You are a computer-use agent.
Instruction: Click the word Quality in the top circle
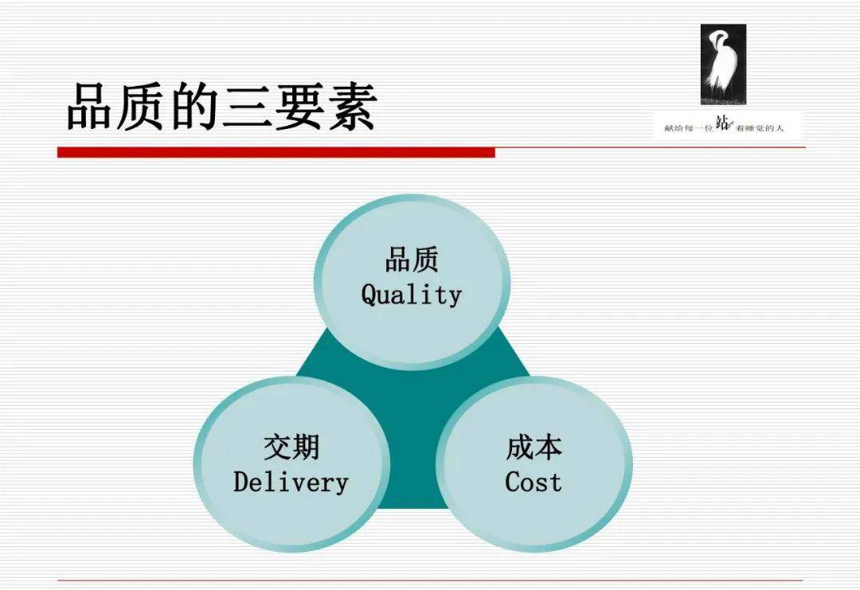[412, 295]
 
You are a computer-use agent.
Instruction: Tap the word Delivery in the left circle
[291, 483]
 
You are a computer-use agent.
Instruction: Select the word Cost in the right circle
[533, 482]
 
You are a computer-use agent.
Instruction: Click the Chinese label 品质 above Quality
[412, 260]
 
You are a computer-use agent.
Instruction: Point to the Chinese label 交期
[291, 447]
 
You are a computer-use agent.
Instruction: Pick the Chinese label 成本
[534, 447]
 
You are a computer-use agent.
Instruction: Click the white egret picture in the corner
[723, 64]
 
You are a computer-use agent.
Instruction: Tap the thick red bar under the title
[276, 152]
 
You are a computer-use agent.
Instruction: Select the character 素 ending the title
[352, 107]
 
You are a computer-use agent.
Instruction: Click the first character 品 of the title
[91, 107]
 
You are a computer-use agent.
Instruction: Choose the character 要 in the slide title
[299, 107]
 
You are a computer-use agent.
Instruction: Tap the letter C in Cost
[512, 482]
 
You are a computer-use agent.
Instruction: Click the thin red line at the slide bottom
[430, 580]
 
